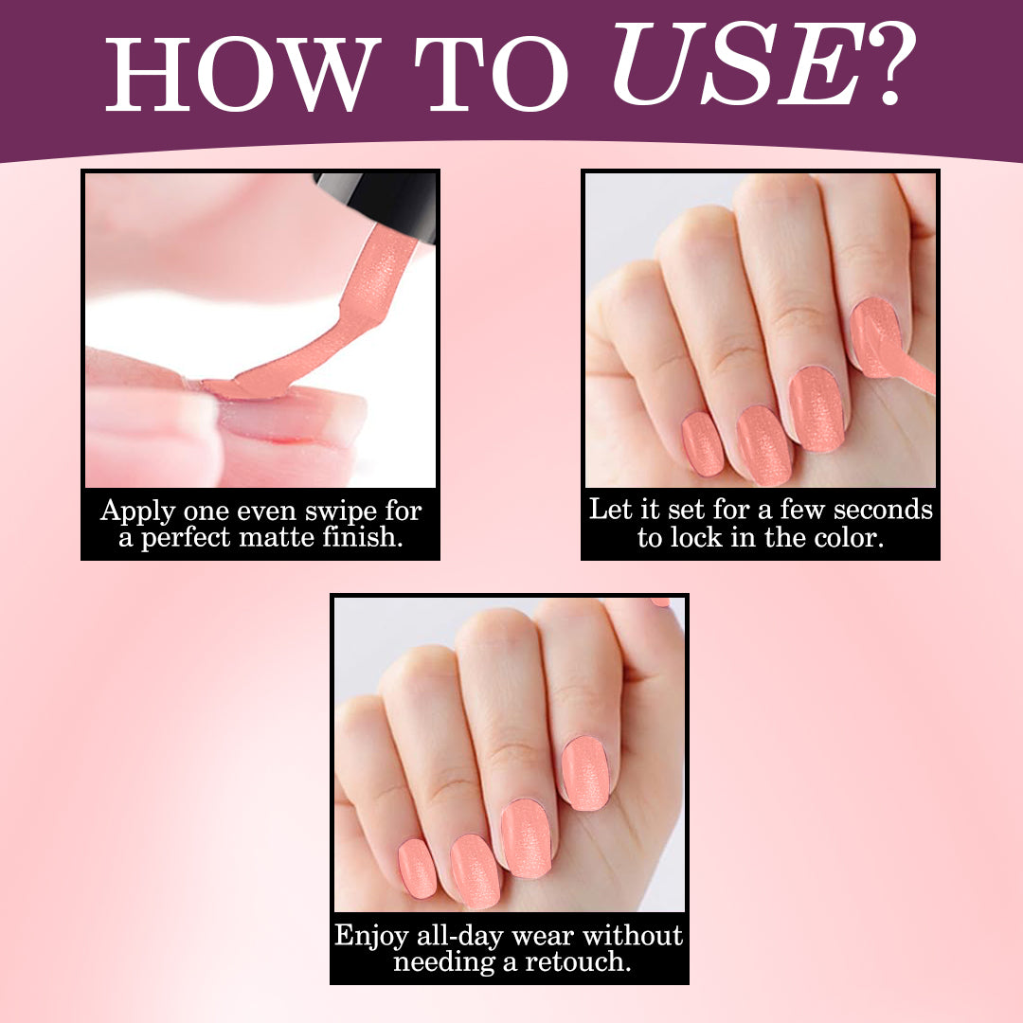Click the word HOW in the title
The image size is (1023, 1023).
point(242,74)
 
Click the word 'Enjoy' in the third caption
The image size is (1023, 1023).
point(372,937)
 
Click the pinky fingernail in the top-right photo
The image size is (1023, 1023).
point(703,443)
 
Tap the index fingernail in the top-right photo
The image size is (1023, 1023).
point(876,337)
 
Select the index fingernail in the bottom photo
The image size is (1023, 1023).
point(585,773)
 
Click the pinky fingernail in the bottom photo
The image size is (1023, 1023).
point(418,868)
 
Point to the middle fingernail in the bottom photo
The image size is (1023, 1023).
point(527,838)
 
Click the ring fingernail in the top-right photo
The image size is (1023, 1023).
point(764,445)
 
